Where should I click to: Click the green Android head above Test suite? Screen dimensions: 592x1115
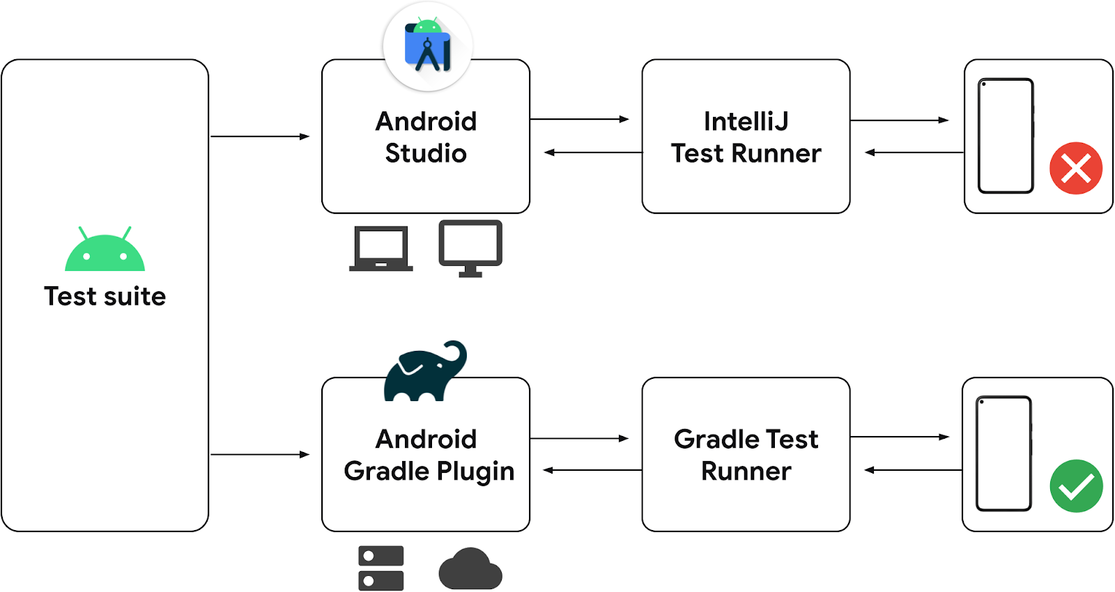click(x=105, y=251)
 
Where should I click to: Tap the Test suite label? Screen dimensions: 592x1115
click(x=105, y=297)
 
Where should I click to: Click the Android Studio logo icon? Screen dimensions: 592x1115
click(x=428, y=47)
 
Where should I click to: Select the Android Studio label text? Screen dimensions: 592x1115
click(x=426, y=137)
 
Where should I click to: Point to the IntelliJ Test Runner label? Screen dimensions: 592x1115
click(x=746, y=137)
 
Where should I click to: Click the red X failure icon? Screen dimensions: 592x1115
click(x=1076, y=168)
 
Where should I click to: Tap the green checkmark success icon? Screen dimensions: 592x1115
click(x=1076, y=486)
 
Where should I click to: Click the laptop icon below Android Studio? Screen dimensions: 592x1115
click(x=380, y=249)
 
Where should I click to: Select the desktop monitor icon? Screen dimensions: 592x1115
click(x=470, y=248)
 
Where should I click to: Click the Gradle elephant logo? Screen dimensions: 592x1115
click(x=424, y=373)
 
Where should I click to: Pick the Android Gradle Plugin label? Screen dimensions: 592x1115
click(x=428, y=455)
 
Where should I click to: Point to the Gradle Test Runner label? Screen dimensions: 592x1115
click(x=746, y=455)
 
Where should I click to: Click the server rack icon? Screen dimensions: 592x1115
click(x=380, y=568)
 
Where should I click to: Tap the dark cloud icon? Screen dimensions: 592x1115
click(x=470, y=569)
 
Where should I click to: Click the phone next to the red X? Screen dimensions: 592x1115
click(x=1006, y=136)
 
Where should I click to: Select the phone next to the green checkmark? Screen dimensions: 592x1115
click(x=1003, y=453)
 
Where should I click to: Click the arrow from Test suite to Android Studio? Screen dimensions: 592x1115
click(x=259, y=137)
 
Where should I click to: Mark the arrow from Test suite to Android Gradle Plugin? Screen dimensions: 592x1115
click(x=259, y=455)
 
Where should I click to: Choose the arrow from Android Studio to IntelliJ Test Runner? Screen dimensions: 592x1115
click(x=579, y=120)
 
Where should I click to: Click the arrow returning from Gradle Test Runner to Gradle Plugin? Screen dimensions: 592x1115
click(x=592, y=470)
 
